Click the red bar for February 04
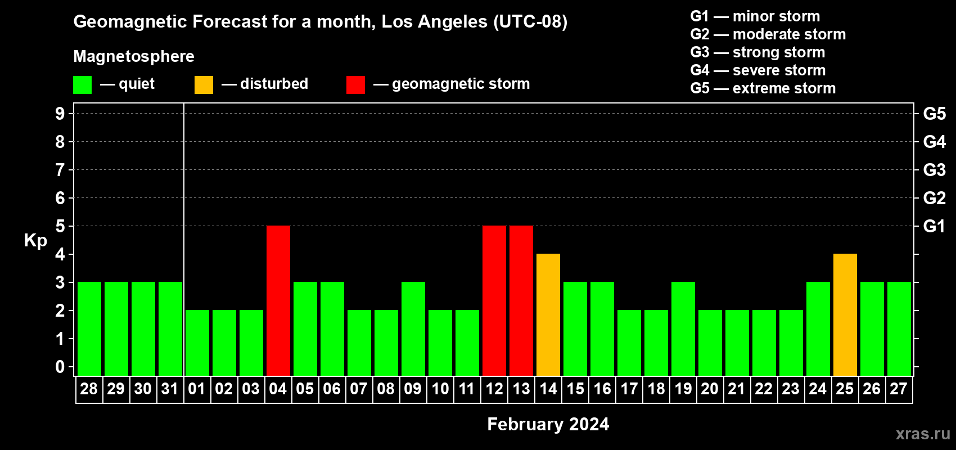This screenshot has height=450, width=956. (x=278, y=300)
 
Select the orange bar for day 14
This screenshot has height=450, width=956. (x=548, y=314)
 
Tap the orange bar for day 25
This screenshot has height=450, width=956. (x=845, y=314)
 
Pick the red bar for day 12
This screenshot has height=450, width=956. (x=494, y=300)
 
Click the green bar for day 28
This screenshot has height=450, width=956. (x=89, y=328)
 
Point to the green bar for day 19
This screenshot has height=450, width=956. (x=683, y=328)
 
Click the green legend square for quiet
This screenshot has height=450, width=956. (x=82, y=84)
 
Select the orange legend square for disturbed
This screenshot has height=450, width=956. (x=204, y=84)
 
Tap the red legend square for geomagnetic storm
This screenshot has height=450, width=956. (x=356, y=84)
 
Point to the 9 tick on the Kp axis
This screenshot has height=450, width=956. (x=60, y=114)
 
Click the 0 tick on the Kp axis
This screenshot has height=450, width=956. (x=60, y=367)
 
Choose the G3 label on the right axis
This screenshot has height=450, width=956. (x=935, y=170)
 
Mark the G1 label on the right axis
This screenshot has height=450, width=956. (x=934, y=226)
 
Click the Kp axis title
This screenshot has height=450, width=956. (x=35, y=241)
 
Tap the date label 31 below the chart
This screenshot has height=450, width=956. (x=170, y=389)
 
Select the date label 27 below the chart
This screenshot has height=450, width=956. (x=899, y=389)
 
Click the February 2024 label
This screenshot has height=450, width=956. (x=548, y=424)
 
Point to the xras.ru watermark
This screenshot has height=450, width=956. (x=923, y=434)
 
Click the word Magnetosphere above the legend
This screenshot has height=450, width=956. (x=134, y=56)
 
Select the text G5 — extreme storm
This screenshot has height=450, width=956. (x=763, y=88)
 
